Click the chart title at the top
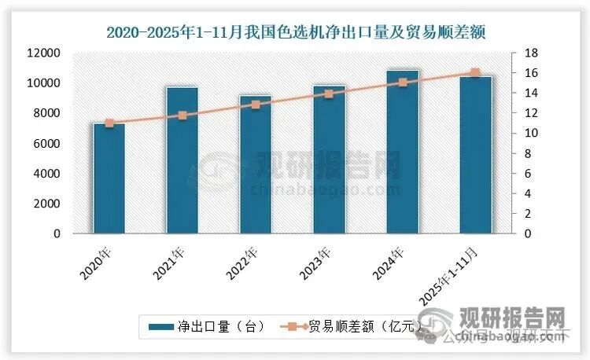(294, 32)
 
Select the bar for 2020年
(109, 178)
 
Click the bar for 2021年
(183, 160)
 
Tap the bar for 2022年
(256, 164)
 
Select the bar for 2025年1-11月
(475, 155)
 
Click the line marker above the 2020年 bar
(109, 123)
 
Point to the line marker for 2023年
(329, 94)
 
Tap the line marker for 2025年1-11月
(475, 73)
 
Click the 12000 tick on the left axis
(45, 53)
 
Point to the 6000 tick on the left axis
(48, 143)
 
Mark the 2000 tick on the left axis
(48, 204)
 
